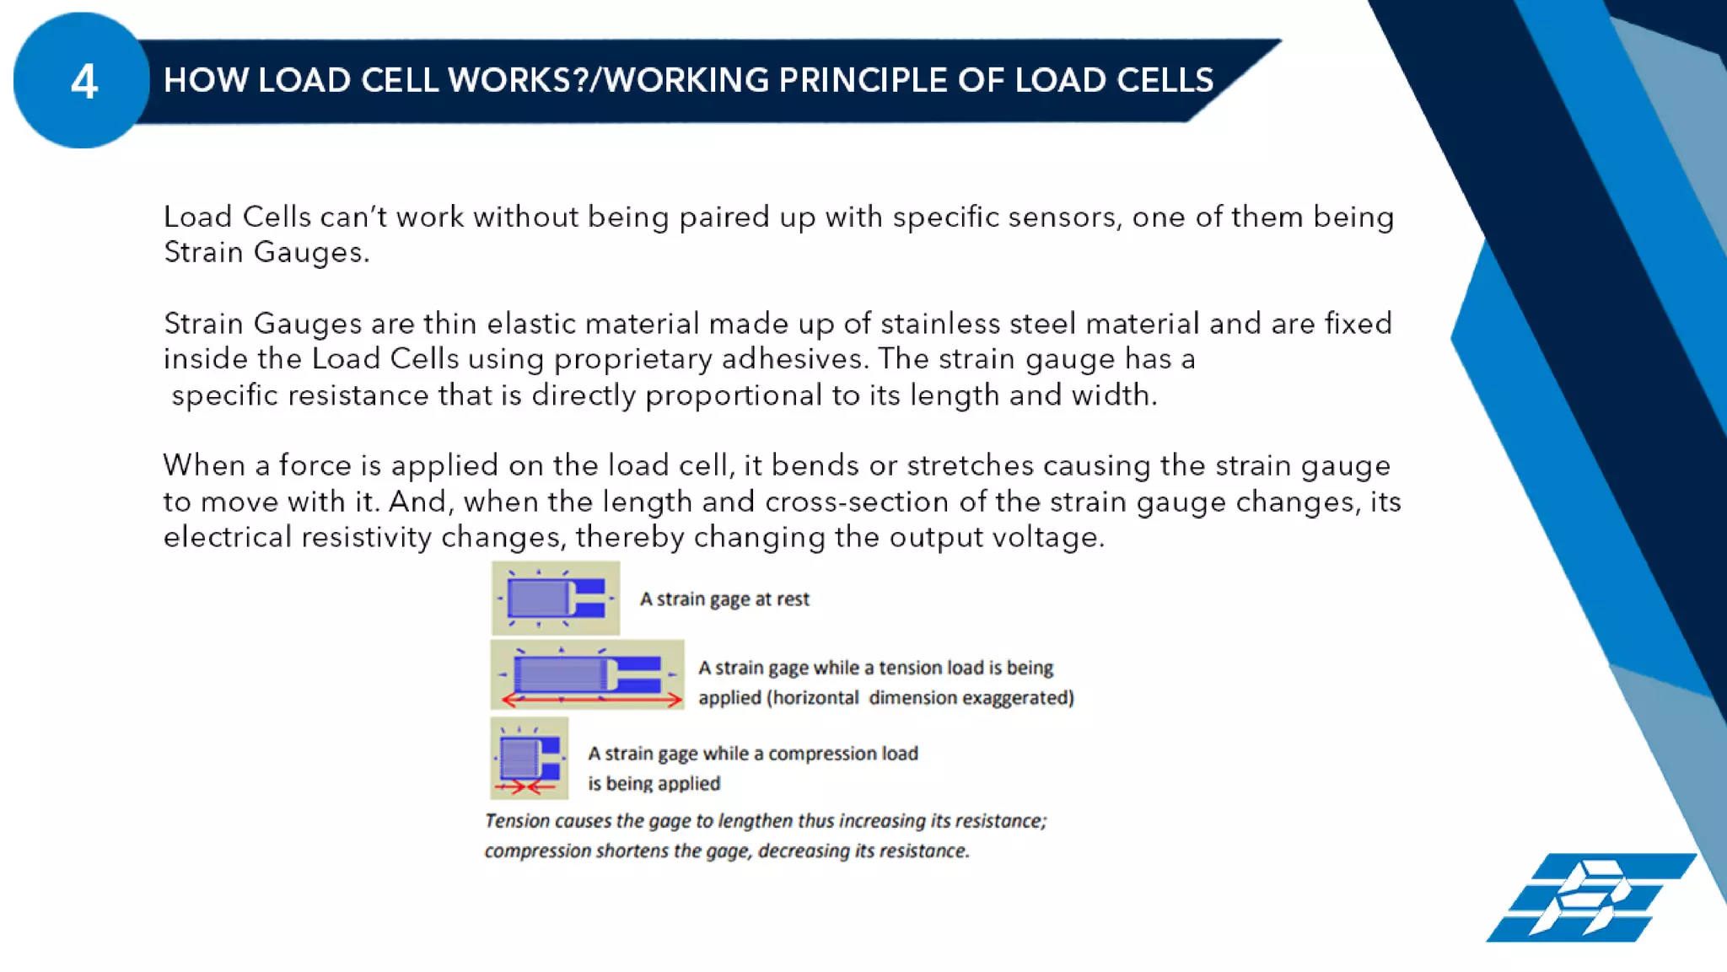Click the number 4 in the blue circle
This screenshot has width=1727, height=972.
click(83, 82)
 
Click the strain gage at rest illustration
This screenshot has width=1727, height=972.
click(555, 599)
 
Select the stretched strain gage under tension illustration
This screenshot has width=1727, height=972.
click(587, 674)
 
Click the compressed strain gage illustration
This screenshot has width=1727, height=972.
click(529, 757)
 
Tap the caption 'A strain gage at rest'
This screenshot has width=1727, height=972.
click(724, 599)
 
